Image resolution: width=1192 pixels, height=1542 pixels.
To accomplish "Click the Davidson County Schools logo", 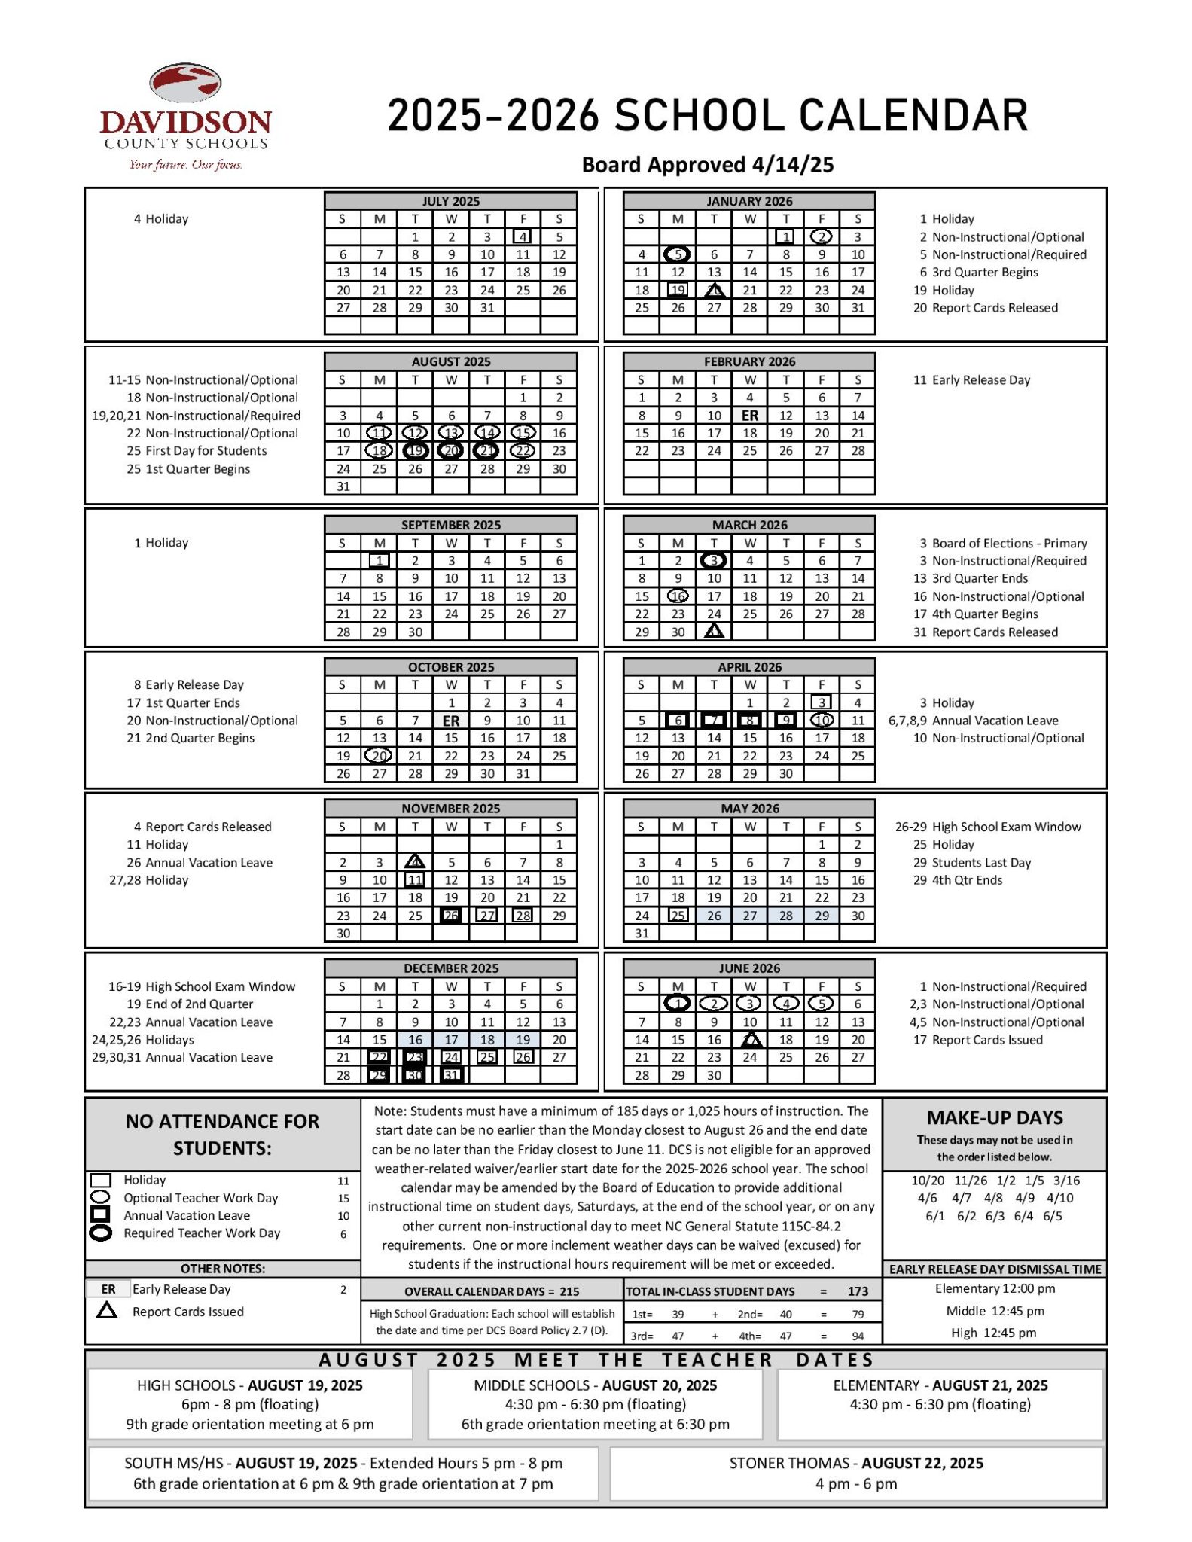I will (x=185, y=117).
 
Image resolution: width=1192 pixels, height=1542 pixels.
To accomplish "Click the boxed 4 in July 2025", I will (x=523, y=236).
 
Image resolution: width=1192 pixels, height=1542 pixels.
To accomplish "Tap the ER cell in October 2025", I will (x=451, y=721).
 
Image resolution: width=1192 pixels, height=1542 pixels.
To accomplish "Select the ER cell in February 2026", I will (x=750, y=416).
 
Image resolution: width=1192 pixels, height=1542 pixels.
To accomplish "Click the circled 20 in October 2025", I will (x=379, y=756).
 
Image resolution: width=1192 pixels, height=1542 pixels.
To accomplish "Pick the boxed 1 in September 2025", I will (x=380, y=561).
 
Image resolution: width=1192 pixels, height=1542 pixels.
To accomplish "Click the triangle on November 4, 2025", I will (x=415, y=862).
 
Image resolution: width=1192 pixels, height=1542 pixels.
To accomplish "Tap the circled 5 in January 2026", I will (x=678, y=254).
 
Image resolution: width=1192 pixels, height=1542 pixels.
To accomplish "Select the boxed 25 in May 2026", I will (x=678, y=916).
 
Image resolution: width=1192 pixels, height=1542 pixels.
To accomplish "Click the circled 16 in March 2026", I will (x=678, y=596).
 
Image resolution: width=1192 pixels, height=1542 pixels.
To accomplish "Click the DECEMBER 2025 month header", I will (x=451, y=968).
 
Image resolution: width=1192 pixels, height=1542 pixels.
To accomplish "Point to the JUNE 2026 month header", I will (x=749, y=968).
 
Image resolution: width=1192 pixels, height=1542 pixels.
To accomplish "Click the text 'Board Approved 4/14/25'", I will (x=708, y=165).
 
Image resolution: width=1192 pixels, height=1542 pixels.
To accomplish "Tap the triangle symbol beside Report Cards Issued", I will (x=107, y=1311).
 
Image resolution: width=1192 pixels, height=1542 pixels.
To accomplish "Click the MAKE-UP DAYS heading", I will (x=995, y=1118).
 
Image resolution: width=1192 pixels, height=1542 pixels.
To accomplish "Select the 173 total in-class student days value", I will (x=858, y=1291).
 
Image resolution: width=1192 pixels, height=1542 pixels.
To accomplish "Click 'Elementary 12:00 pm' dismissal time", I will (x=995, y=1288).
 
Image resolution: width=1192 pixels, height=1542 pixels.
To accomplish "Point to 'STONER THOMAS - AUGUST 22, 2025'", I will (x=856, y=1463).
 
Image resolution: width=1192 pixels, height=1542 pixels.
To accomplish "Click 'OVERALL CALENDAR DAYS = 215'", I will (x=492, y=1291).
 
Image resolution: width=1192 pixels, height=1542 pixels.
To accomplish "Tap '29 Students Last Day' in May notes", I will (x=972, y=862).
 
